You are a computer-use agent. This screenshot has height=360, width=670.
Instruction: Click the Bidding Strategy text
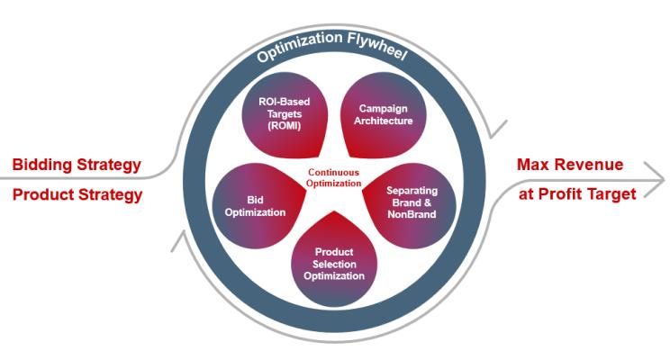tap(77, 165)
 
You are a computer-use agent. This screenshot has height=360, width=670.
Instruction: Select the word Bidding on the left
tap(45, 165)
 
